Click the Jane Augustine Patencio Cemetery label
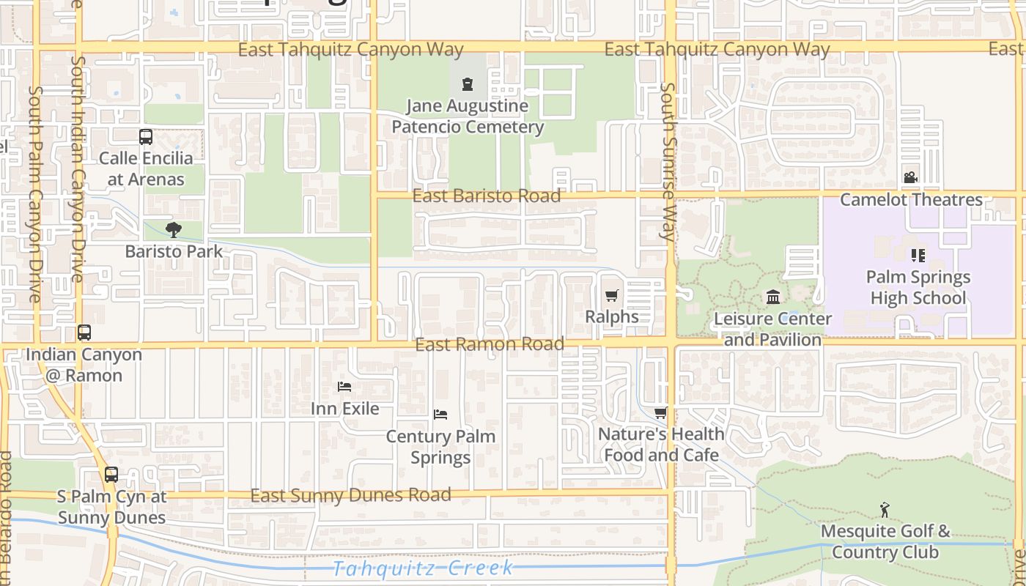468,116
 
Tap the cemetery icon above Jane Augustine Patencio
468,84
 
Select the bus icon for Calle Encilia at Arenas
146,137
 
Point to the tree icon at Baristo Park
174,230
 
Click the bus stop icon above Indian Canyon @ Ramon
84,333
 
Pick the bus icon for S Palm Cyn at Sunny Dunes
111,475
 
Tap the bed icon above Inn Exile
344,387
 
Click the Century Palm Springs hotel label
440,447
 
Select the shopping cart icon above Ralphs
612,296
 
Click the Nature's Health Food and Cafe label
661,445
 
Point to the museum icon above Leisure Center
773,297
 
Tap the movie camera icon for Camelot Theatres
910,178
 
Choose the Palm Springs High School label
918,287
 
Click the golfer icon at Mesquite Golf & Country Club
885,510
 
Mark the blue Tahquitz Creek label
423,568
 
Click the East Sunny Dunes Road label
350,496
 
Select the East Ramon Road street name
490,344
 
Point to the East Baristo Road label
487,196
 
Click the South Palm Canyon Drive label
35,194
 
